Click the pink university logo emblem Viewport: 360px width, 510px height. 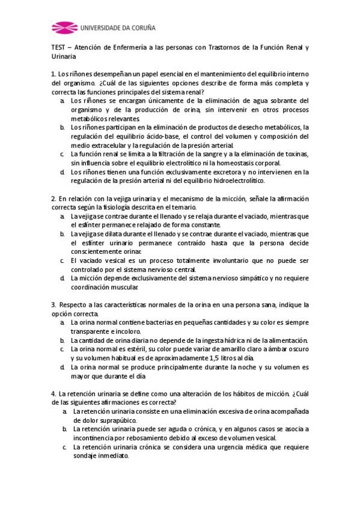[x=63, y=28]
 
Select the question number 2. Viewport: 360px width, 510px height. [x=53, y=198]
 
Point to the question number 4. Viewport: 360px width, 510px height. [x=53, y=393]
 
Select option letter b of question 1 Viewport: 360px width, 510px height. [x=62, y=127]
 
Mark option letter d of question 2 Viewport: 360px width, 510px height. [x=62, y=278]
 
